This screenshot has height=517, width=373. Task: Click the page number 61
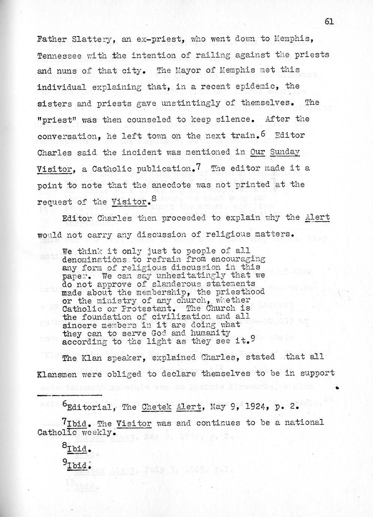pos(329,22)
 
